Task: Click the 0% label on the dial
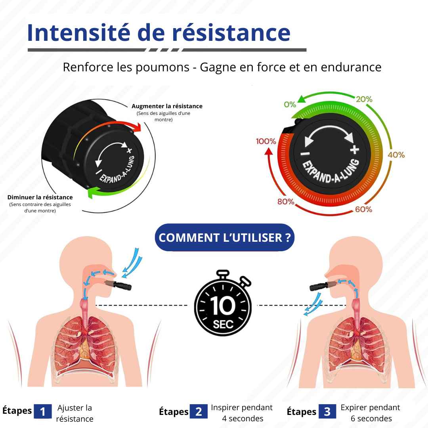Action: (x=290, y=104)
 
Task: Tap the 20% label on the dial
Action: (x=364, y=99)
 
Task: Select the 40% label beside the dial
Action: (x=396, y=155)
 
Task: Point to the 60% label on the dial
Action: (x=363, y=209)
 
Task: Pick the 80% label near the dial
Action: (x=286, y=202)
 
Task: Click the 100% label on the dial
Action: (x=266, y=141)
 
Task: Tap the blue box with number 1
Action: (x=42, y=411)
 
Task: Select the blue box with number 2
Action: (x=199, y=411)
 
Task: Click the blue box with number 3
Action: (x=327, y=411)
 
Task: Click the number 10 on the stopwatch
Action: (x=222, y=306)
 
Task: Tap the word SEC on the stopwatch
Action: (x=223, y=325)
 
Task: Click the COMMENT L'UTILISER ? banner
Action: (x=224, y=237)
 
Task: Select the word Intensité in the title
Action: (x=78, y=32)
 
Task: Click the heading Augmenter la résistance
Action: (x=167, y=106)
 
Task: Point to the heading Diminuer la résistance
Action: (x=40, y=197)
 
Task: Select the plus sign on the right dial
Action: (x=355, y=149)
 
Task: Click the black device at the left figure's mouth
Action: (x=122, y=285)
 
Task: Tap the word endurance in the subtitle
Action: (x=351, y=67)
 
